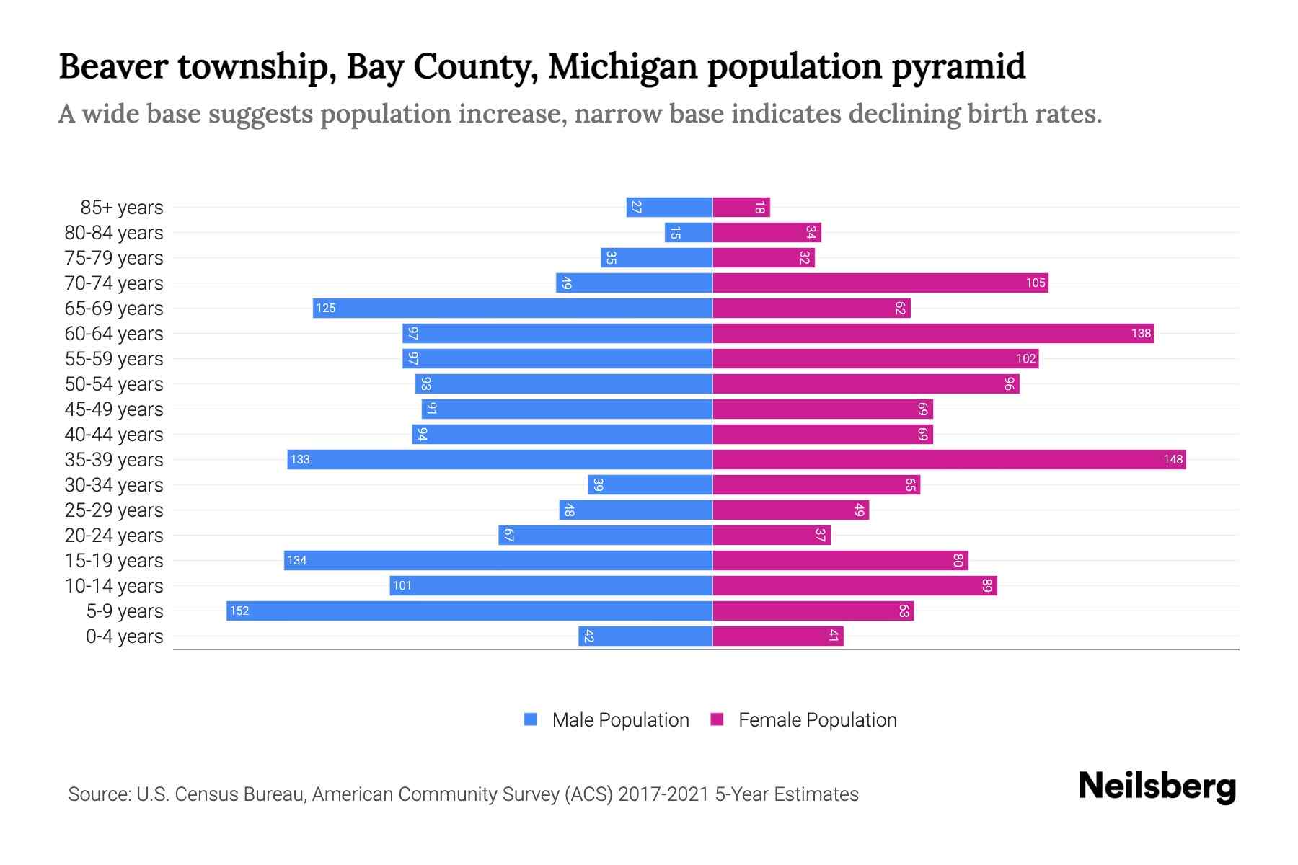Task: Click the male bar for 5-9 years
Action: click(x=469, y=611)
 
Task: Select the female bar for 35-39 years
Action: click(x=949, y=459)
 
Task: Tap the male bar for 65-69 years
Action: click(x=512, y=308)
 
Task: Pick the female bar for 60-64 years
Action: click(x=933, y=333)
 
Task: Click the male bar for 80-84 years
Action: click(x=689, y=232)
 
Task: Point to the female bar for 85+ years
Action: click(x=741, y=207)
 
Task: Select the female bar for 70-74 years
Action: click(x=880, y=283)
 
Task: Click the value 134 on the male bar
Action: click(x=297, y=560)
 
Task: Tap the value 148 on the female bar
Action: click(x=1173, y=459)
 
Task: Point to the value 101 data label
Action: click(x=402, y=585)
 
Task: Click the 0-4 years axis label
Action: click(x=124, y=636)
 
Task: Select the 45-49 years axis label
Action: click(x=114, y=409)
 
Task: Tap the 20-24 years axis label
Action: click(x=114, y=536)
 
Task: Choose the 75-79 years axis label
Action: click(x=114, y=258)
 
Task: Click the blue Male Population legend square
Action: click(x=531, y=719)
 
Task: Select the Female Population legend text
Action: click(x=817, y=719)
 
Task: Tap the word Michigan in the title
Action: click(x=622, y=66)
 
